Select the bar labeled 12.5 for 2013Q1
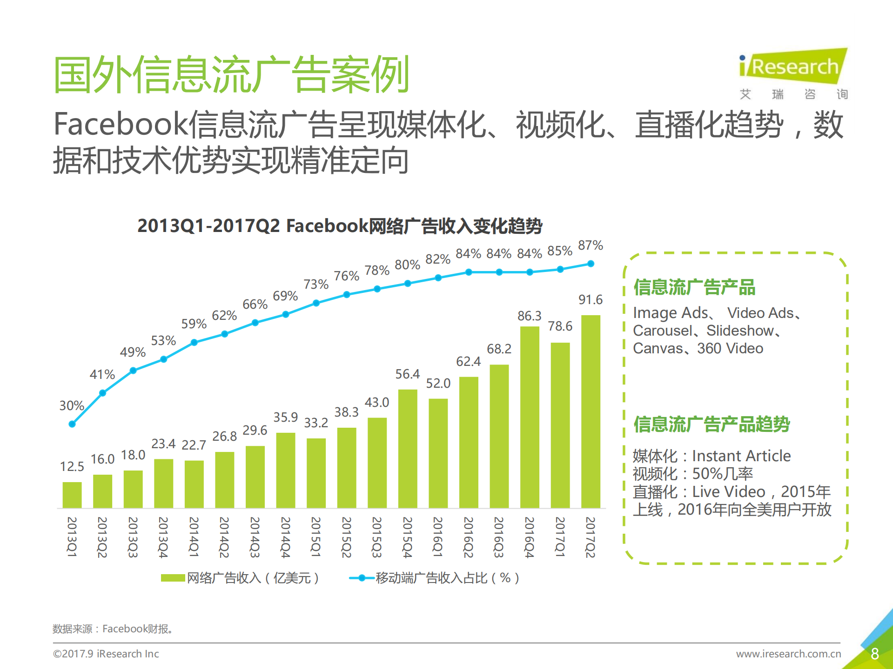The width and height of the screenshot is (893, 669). tap(72, 495)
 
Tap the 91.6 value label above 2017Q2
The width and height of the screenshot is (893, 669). tap(590, 300)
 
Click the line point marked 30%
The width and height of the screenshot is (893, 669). tap(72, 424)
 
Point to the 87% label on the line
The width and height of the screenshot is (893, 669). tap(590, 245)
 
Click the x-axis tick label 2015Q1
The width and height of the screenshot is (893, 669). tap(316, 537)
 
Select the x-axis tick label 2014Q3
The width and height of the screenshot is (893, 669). tap(255, 537)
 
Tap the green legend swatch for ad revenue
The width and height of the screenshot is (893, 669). tap(173, 578)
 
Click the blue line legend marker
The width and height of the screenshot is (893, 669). tap(362, 578)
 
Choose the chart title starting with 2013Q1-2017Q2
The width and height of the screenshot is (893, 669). tap(340, 226)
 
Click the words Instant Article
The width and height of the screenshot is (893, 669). tap(741, 456)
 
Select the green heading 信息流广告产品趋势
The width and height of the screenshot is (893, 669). tap(712, 424)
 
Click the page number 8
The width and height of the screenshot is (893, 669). tap(874, 654)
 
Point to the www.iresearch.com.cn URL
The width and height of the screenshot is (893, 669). tap(788, 654)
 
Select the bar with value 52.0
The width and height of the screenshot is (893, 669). tap(438, 453)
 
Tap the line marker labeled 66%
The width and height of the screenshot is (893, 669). tap(255, 323)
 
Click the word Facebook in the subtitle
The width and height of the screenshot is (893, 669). tap(121, 125)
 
